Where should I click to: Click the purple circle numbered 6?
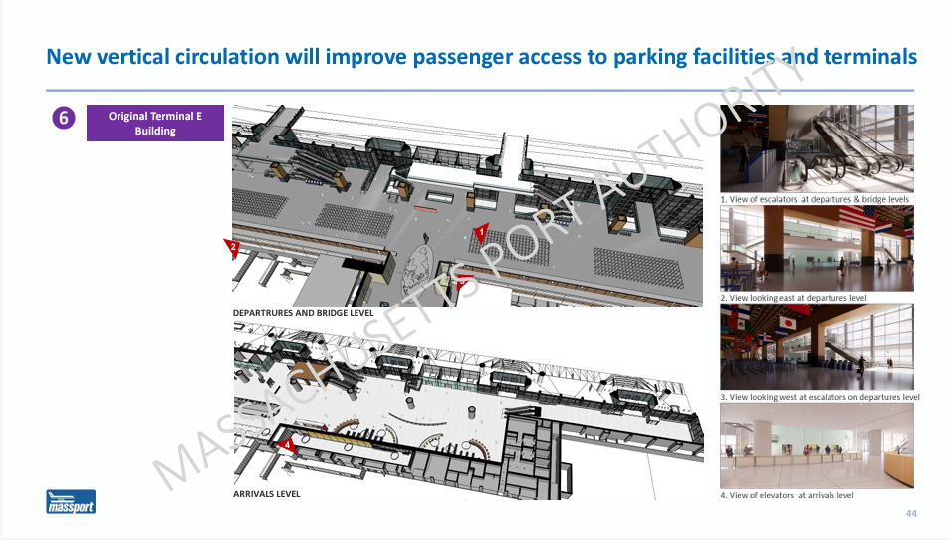click(x=64, y=118)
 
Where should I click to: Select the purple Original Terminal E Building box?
click(x=155, y=123)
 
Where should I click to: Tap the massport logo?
click(x=71, y=502)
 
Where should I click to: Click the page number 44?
click(x=911, y=513)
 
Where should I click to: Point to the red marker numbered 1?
click(x=481, y=232)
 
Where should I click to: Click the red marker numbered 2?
click(x=232, y=247)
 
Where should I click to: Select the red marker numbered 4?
click(x=287, y=446)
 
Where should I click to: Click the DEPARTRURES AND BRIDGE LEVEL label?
click(x=304, y=313)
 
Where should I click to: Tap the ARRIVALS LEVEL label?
click(x=267, y=494)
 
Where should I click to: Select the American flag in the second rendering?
click(x=856, y=217)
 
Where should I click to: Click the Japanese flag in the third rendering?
click(x=787, y=322)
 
